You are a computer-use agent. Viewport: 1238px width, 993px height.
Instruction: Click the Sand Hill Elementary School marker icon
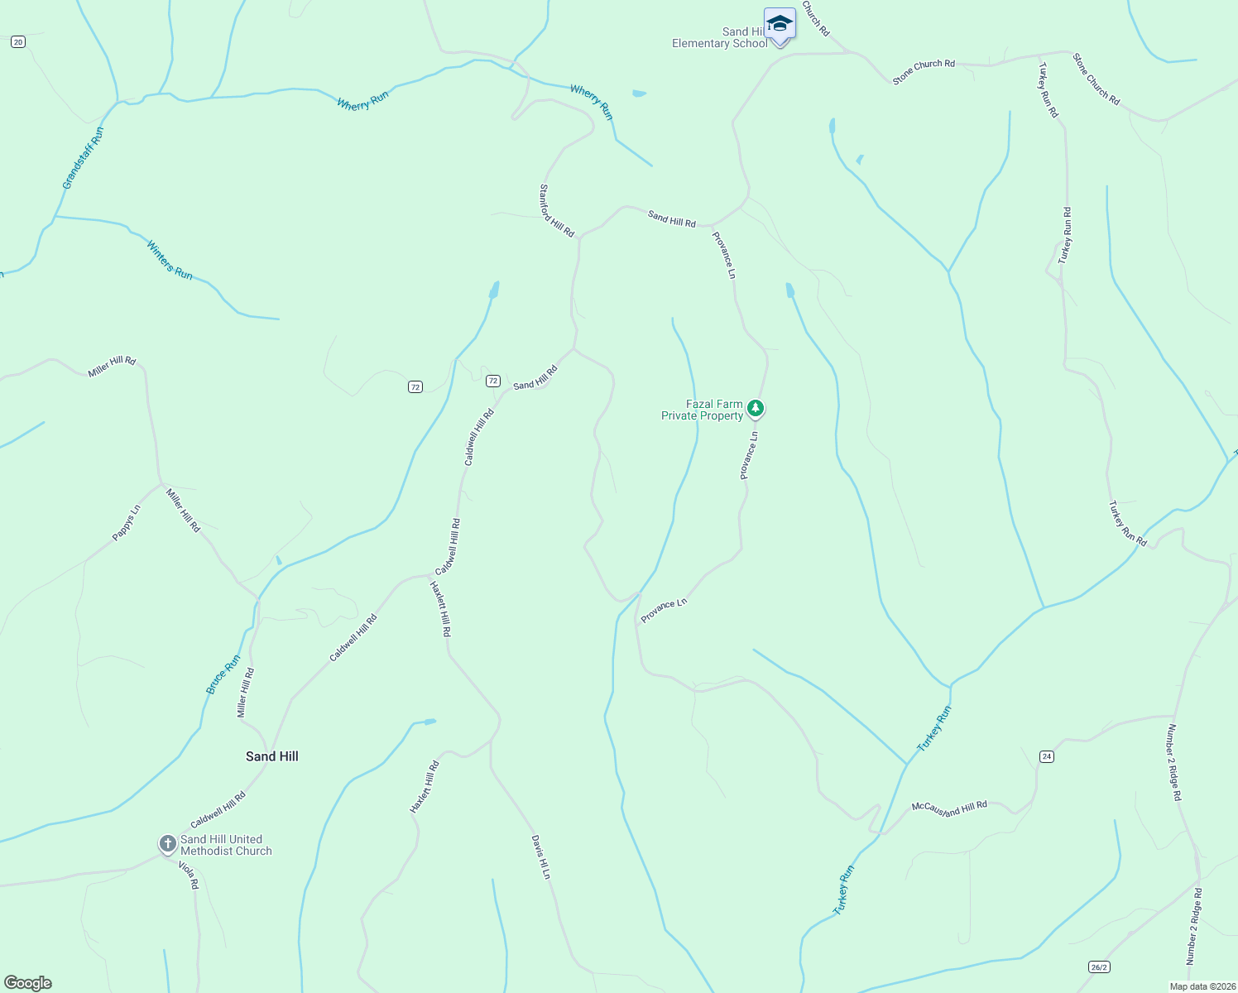pos(780,24)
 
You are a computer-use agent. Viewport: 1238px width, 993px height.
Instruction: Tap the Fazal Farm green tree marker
pos(755,408)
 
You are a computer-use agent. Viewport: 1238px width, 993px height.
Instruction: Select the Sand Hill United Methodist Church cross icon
pos(167,844)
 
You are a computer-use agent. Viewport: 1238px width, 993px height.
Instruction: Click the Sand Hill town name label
pos(271,756)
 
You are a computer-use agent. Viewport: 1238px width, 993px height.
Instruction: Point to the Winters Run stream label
pos(170,260)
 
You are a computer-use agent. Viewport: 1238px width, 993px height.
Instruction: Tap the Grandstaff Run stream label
pos(84,157)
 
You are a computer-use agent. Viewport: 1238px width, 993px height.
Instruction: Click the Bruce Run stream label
pos(223,674)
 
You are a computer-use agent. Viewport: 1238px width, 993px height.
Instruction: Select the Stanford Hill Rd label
pos(557,210)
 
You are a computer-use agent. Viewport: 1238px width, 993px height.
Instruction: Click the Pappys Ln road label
pos(127,523)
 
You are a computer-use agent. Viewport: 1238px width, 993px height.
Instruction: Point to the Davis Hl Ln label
pos(540,856)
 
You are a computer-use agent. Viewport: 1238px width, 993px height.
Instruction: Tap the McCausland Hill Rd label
pos(949,808)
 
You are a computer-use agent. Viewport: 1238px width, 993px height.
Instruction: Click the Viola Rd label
pos(190,875)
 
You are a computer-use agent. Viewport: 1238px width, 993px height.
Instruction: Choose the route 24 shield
pos(1047,756)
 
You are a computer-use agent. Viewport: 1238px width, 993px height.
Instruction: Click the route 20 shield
pos(18,41)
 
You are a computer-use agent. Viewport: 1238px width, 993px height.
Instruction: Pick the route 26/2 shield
pos(1098,967)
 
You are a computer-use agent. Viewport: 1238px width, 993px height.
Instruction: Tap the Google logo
pos(28,983)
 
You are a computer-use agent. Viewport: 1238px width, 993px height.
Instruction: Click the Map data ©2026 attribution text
pos(1202,986)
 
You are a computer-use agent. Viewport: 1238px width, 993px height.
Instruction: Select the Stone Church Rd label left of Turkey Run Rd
pos(924,71)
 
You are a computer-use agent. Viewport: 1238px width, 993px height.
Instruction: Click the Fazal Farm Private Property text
pos(702,410)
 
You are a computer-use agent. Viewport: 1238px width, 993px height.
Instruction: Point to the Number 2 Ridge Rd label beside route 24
pos(1173,762)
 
